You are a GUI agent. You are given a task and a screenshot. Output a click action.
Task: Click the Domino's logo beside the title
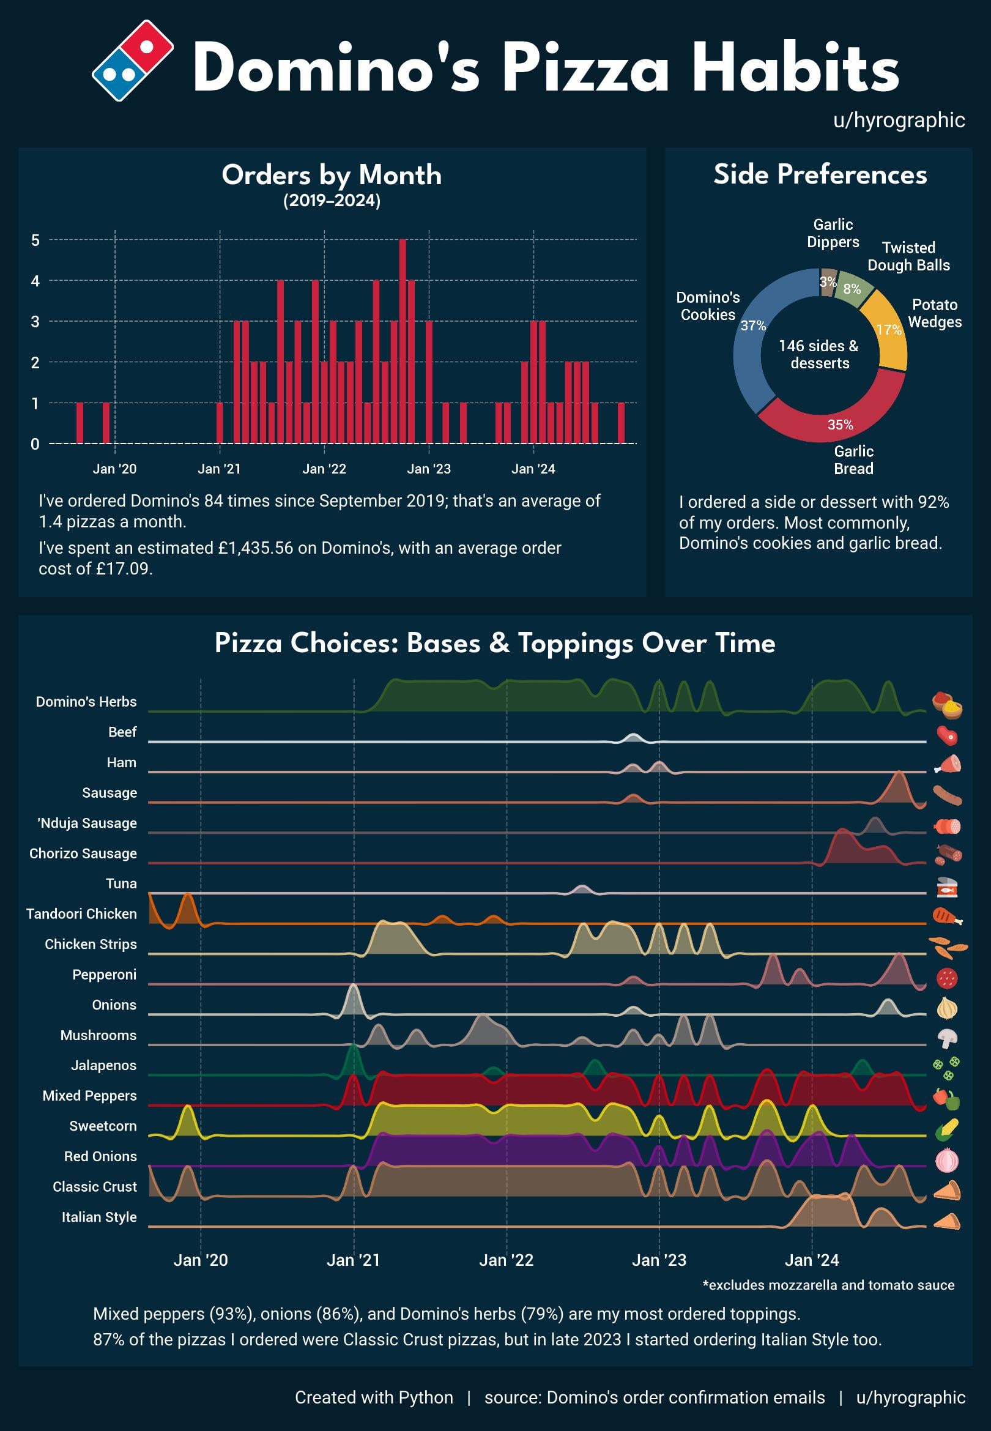132,60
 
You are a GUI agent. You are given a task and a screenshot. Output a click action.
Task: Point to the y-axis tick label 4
35,281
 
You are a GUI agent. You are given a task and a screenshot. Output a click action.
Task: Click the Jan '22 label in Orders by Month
324,469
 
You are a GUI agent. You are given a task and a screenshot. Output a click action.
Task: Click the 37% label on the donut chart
753,326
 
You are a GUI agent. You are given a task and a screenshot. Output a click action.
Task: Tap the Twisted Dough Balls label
908,256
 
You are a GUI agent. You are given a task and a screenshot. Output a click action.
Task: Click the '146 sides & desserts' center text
819,354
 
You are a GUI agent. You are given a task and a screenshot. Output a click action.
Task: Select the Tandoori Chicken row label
81,914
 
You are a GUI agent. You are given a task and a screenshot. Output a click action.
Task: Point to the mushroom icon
947,1037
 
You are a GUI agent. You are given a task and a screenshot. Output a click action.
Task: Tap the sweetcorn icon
947,1129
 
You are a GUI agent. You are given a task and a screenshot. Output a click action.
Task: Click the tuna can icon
947,887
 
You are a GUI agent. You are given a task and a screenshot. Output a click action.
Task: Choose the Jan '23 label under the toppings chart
659,1260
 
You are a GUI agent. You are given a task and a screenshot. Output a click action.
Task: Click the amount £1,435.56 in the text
255,548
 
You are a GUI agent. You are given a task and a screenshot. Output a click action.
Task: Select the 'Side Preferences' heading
820,174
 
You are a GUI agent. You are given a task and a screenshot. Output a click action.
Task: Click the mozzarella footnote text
828,1285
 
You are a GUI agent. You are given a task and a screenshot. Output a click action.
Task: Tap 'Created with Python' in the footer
374,1397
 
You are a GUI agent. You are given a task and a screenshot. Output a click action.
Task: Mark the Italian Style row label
98,1217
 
